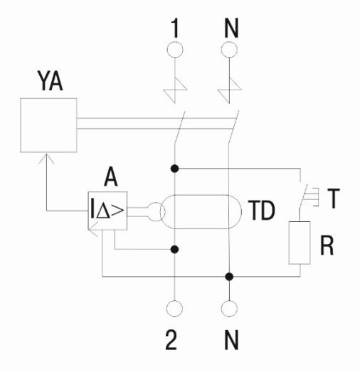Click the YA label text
pos(50,81)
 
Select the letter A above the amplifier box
pos(111,176)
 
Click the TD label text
pos(262,210)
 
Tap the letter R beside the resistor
pos(327,245)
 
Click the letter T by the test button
pos(334,199)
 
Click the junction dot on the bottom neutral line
pos(229,277)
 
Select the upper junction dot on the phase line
pos(175,169)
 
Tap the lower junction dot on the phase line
pos(175,249)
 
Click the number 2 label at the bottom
pos(171,340)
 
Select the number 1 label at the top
pos(175,28)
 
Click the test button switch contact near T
pos(303,196)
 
